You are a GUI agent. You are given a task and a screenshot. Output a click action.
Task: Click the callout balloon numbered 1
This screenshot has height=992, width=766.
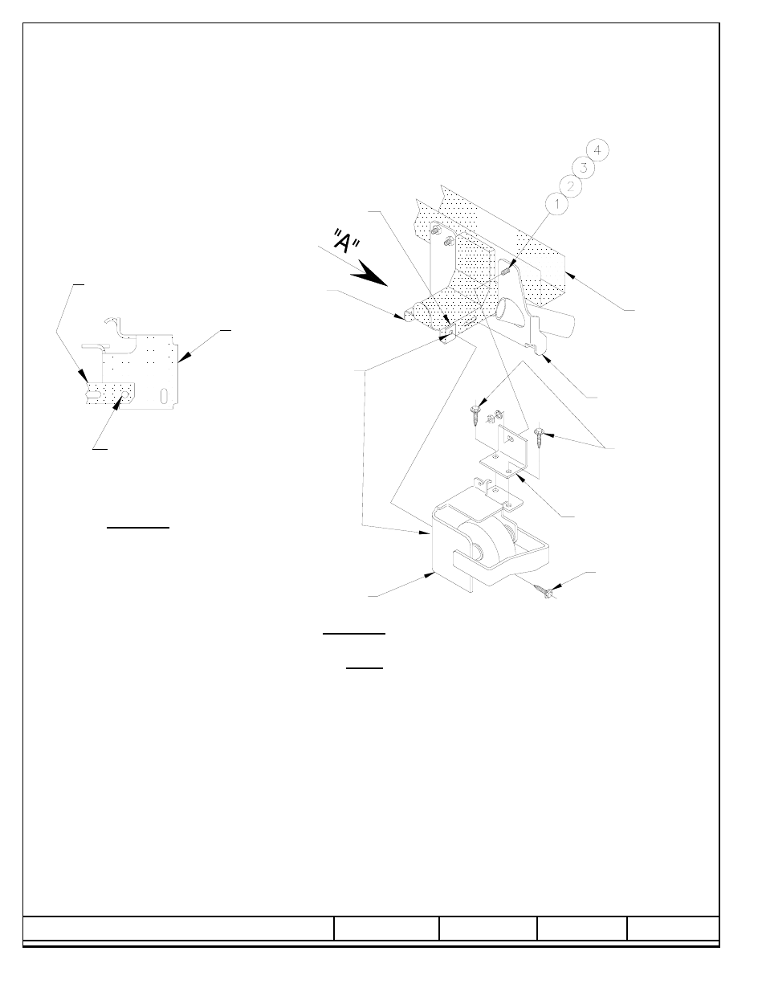[556, 204]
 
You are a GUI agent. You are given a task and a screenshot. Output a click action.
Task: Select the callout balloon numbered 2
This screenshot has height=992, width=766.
[570, 186]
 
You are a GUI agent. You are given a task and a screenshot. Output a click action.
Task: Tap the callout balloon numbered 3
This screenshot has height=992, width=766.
[584, 168]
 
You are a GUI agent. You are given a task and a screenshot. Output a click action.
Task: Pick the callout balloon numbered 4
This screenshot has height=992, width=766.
[597, 150]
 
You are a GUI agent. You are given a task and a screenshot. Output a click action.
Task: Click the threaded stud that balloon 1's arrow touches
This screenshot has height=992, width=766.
[506, 271]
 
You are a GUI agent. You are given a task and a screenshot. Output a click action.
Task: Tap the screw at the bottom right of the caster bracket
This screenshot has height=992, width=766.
[545, 590]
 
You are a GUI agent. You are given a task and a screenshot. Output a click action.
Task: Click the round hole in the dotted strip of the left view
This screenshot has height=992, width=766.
[124, 393]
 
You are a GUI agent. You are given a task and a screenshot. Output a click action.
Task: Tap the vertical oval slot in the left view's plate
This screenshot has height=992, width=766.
[164, 396]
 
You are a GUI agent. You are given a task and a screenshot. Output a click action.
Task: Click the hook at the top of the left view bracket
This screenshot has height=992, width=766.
[113, 323]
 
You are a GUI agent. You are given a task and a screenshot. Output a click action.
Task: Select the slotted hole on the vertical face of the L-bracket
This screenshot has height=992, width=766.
[510, 439]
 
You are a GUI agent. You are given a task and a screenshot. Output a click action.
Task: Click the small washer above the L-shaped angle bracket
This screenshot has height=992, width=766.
[498, 414]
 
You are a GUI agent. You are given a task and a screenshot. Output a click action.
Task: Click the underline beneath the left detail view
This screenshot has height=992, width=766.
[138, 528]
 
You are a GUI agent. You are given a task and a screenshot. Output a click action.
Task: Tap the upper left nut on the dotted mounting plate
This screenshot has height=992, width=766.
[437, 230]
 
